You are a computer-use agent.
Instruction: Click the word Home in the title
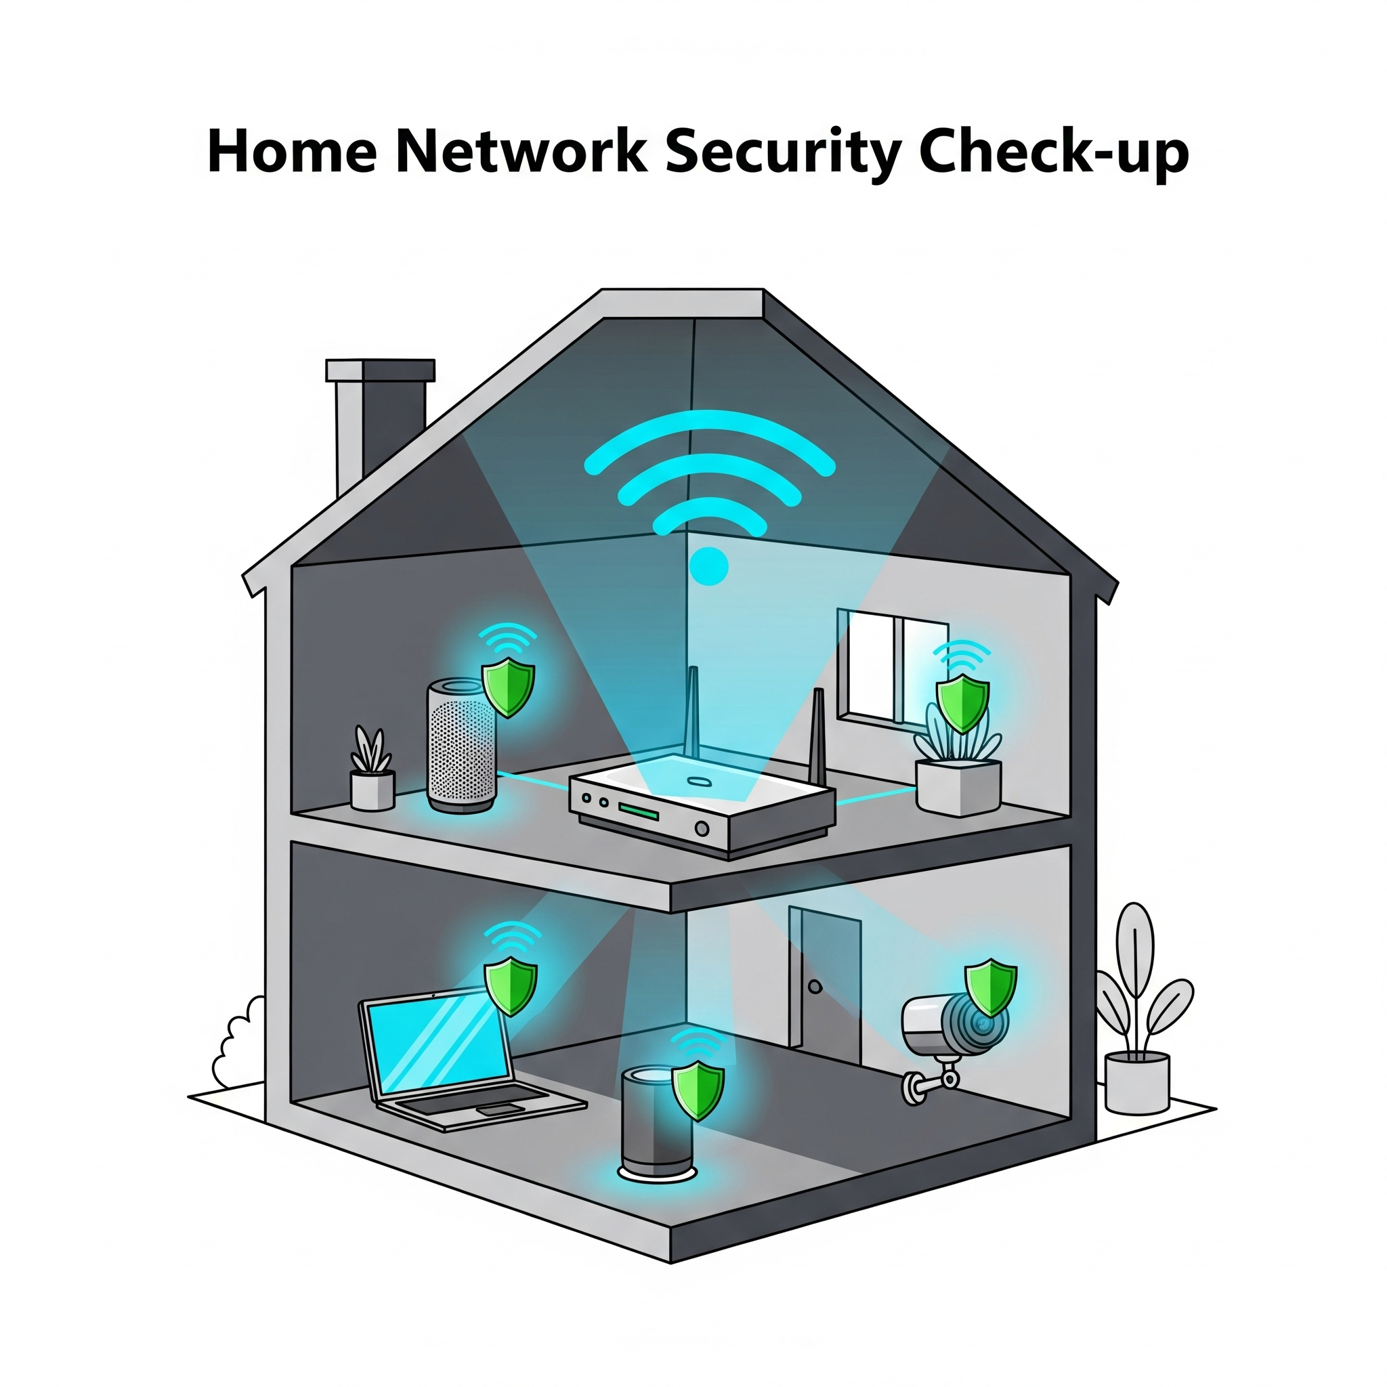(x=291, y=152)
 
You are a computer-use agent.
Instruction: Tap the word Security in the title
(x=782, y=152)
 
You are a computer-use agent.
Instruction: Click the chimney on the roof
(x=381, y=417)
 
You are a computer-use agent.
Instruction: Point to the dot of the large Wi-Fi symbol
(x=708, y=566)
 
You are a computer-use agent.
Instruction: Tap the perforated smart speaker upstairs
(x=462, y=746)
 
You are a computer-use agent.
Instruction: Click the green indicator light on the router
(x=638, y=812)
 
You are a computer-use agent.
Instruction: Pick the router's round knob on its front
(x=702, y=829)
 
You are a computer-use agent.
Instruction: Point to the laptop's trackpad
(x=495, y=1110)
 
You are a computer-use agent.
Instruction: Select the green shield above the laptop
(x=511, y=987)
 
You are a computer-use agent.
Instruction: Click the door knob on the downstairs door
(x=815, y=987)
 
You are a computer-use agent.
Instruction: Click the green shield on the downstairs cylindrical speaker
(x=697, y=1090)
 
